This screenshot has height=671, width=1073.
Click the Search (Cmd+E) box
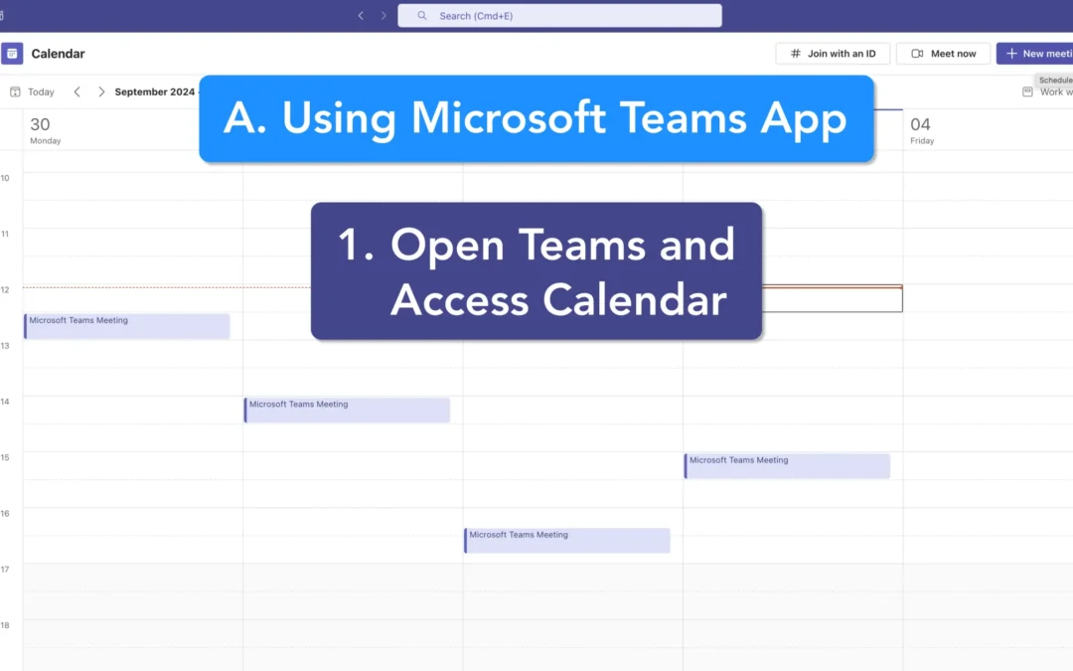coord(559,16)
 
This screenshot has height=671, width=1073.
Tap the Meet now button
coord(943,54)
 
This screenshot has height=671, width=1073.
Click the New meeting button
coord(1034,54)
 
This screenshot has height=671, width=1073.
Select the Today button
coord(33,91)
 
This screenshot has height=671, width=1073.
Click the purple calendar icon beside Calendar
coord(12,54)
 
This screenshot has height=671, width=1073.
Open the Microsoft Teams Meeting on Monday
coord(127,326)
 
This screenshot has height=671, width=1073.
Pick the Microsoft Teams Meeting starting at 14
coord(347,410)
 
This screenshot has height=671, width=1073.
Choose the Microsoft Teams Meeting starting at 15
coord(787,465)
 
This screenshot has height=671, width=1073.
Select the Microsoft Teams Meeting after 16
coord(566,540)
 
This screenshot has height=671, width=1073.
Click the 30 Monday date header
coord(45,129)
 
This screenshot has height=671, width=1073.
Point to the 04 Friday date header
coord(921,129)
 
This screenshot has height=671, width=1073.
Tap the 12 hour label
coord(5,289)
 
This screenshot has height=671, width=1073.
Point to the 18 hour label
coord(5,625)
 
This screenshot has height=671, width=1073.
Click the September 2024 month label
coord(155,91)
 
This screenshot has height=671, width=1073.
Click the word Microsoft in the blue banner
coord(507,118)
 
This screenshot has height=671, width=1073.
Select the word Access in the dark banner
coord(459,299)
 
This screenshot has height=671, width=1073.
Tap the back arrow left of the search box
coord(361,16)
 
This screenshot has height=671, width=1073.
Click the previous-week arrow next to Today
coord(77,91)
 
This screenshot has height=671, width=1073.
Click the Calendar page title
coord(58,54)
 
